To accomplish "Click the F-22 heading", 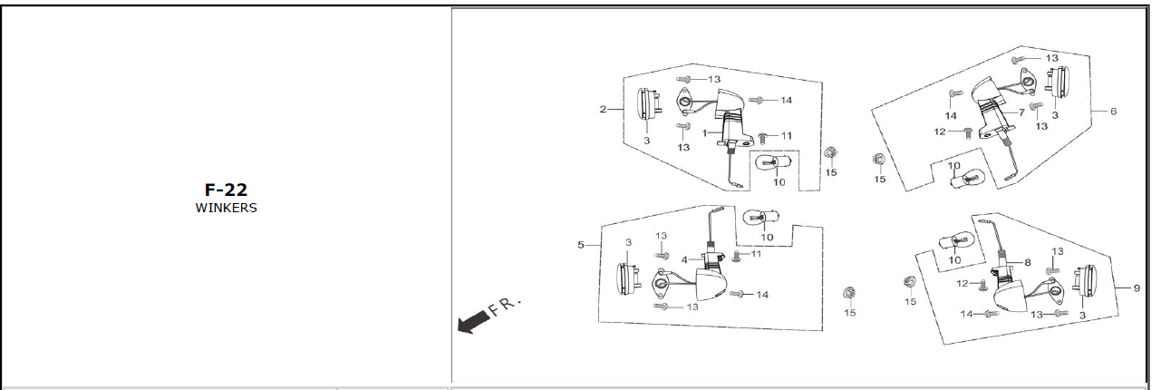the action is pos(226,190).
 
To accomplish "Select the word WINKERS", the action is pos(226,208).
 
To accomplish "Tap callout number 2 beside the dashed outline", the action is pos(603,110).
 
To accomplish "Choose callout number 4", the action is pos(684,259).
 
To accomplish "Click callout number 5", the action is pos(581,245).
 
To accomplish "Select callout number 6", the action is pos(1113,111).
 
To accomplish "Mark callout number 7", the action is pos(1021,112).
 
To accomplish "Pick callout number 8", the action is pos(1027,262).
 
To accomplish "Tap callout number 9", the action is pos(1137,288).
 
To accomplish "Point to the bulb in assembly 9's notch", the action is pos(957,242).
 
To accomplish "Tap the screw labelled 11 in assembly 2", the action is pos(762,138).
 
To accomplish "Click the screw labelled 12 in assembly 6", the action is pos(967,133).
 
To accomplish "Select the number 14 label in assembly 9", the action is pos(966,314).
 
